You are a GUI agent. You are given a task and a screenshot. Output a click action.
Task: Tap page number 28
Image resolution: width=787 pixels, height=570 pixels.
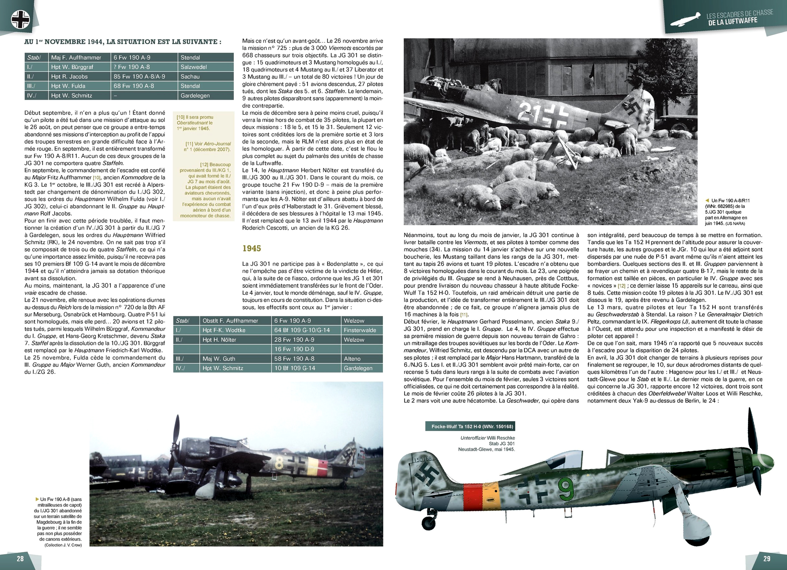[x=20, y=558]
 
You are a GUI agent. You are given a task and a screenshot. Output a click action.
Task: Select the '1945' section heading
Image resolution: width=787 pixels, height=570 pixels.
[x=252, y=248]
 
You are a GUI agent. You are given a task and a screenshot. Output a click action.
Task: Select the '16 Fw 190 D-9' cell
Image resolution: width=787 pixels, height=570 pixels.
[x=294, y=349]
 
